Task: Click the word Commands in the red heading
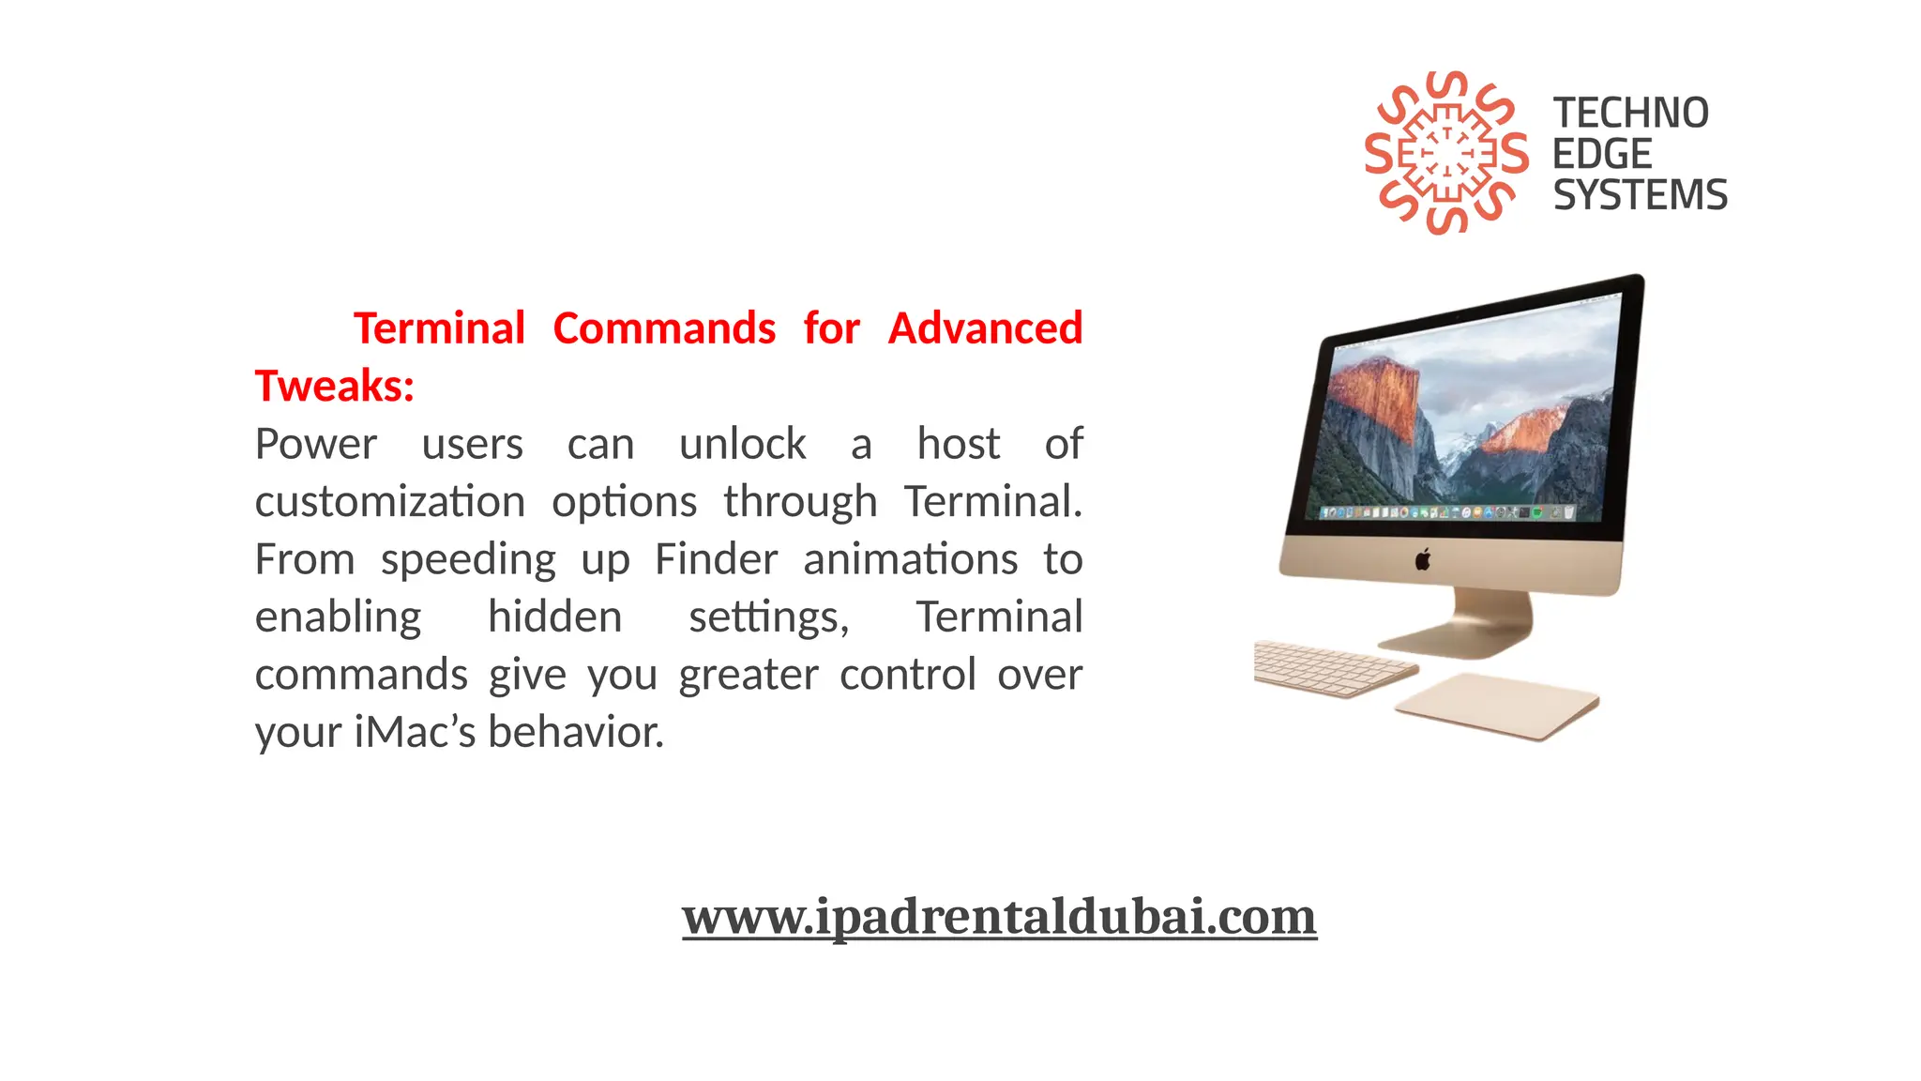pos(664,328)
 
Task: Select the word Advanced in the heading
pos(985,328)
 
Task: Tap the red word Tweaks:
pos(335,386)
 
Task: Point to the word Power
pos(316,444)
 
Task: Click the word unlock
pos(742,444)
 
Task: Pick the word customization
pos(389,502)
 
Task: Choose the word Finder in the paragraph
pos(716,559)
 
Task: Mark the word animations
pos(910,559)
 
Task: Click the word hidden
pos(554,617)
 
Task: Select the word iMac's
pos(416,732)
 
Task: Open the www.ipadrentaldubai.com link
pos(999,916)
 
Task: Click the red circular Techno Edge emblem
pos(1445,152)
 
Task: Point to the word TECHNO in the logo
pos(1630,114)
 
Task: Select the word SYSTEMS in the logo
pos(1640,195)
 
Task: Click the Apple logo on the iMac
pos(1423,560)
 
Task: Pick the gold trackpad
pos(1497,705)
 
